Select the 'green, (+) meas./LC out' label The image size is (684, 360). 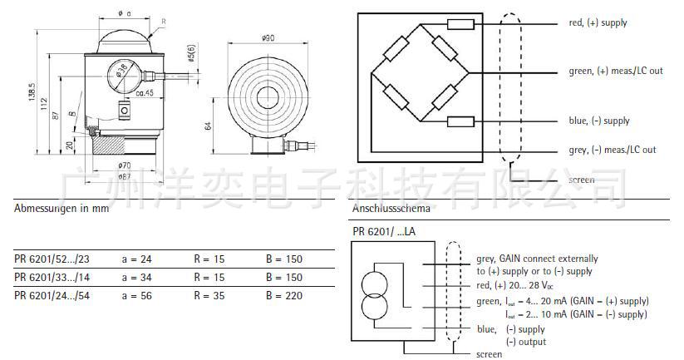[616, 72]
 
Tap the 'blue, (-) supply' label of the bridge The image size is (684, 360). [598, 121]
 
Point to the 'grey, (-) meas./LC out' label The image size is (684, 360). [612, 150]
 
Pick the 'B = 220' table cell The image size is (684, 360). [284, 296]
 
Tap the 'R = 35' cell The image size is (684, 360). [209, 296]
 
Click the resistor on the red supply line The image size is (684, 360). [460, 24]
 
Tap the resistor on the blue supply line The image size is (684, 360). [460, 121]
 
